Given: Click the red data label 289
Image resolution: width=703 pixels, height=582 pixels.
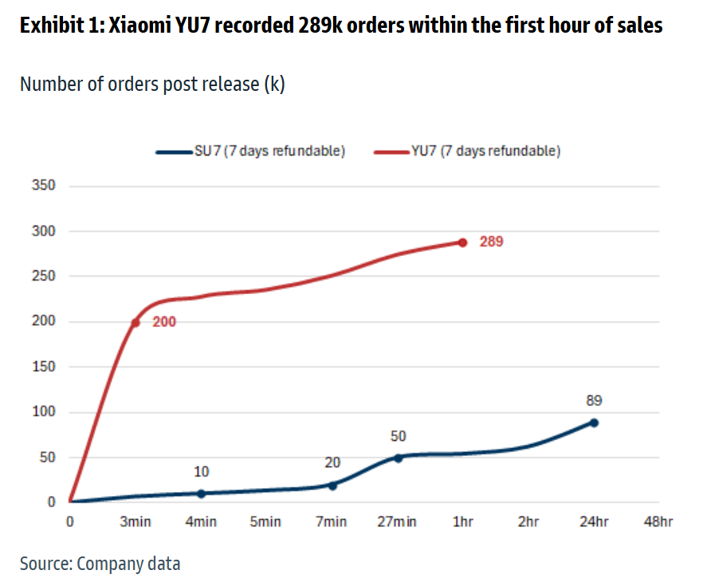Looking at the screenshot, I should pyautogui.click(x=491, y=242).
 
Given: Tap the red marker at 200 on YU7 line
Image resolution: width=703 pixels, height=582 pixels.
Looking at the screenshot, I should pyautogui.click(x=135, y=322).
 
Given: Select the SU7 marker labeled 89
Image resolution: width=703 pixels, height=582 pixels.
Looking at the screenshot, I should pyautogui.click(x=594, y=423).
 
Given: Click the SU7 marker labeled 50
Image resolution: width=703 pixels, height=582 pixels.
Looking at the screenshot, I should pyautogui.click(x=399, y=458).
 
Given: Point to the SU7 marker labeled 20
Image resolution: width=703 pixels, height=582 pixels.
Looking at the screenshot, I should pyautogui.click(x=332, y=485).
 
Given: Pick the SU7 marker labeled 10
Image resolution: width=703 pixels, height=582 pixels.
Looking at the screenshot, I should pyautogui.click(x=201, y=494).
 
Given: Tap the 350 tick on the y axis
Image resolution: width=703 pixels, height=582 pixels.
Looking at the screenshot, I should pyautogui.click(x=44, y=186).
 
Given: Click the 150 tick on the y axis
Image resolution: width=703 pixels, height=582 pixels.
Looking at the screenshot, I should pyautogui.click(x=44, y=367).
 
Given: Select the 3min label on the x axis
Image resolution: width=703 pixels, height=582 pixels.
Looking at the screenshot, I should pyautogui.click(x=135, y=522).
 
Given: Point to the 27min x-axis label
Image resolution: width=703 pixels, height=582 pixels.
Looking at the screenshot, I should pyautogui.click(x=398, y=522).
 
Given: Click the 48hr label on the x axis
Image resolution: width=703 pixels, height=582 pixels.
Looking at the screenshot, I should pyautogui.click(x=659, y=522).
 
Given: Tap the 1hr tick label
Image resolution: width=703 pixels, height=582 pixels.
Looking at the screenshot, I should pyautogui.click(x=463, y=522).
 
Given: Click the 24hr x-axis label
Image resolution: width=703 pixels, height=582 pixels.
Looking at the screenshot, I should pyautogui.click(x=594, y=522).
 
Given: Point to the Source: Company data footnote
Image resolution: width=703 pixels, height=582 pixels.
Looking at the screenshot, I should pyautogui.click(x=100, y=564).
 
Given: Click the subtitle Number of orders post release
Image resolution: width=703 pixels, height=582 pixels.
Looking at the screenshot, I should pyautogui.click(x=151, y=84).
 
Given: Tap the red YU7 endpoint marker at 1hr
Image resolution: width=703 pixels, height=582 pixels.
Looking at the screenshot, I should pyautogui.click(x=462, y=242).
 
